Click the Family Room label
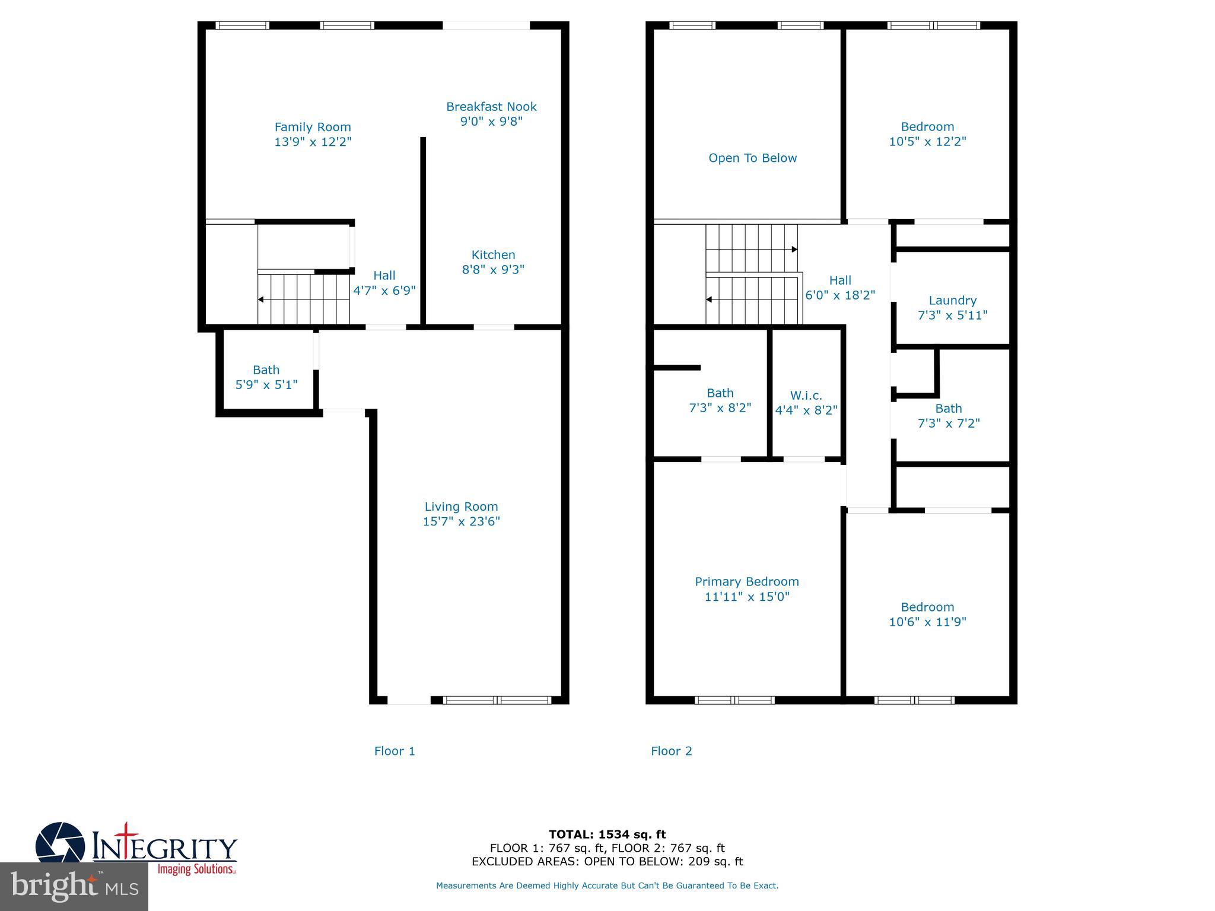(x=313, y=127)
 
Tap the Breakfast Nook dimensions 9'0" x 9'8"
(x=491, y=122)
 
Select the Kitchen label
(x=493, y=255)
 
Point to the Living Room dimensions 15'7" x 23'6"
(x=461, y=521)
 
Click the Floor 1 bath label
(x=266, y=370)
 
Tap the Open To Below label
(x=752, y=158)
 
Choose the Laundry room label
(x=952, y=301)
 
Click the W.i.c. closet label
(x=806, y=396)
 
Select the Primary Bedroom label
(x=746, y=582)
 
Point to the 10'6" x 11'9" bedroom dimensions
(x=927, y=622)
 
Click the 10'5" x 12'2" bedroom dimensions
(x=927, y=142)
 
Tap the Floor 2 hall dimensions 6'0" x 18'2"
(x=839, y=295)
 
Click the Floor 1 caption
(x=395, y=751)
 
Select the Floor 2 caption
(x=671, y=751)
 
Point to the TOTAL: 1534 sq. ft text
(x=607, y=834)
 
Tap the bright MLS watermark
(x=74, y=887)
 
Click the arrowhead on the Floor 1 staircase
(x=260, y=300)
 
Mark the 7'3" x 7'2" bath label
(x=948, y=409)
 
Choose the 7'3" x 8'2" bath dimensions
(x=720, y=408)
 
